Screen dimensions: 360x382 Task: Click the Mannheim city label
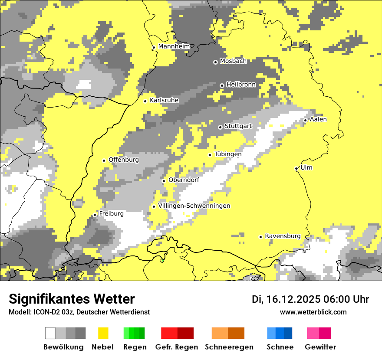point(174,46)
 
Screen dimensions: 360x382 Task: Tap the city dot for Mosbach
point(215,62)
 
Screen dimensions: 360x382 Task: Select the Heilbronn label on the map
point(241,85)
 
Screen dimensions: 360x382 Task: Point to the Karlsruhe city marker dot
point(145,101)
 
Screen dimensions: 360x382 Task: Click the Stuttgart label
point(238,126)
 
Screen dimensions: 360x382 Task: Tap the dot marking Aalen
point(306,120)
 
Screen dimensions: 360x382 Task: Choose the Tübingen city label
point(228,154)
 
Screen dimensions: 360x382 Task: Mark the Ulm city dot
point(296,168)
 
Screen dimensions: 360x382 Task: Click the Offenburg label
point(124,160)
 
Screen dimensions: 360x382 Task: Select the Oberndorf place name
point(184,180)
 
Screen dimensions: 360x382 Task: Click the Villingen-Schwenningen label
point(194,206)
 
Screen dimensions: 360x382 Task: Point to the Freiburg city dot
point(95,215)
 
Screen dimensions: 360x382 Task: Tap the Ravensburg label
point(283,236)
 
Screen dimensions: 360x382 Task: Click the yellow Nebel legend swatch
point(103,333)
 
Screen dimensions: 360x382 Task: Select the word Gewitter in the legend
point(320,347)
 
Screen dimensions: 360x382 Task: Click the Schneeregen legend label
point(229,347)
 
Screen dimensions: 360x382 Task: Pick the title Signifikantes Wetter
point(72,299)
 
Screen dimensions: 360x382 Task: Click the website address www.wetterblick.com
point(313,312)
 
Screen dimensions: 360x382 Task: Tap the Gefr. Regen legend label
point(177,347)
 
